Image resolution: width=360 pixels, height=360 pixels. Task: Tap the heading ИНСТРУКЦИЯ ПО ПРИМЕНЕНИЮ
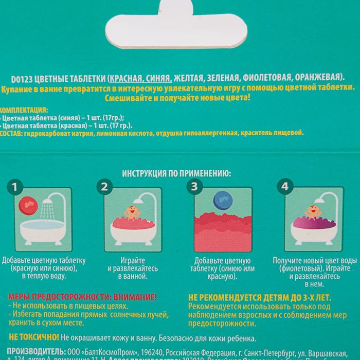click(176, 174)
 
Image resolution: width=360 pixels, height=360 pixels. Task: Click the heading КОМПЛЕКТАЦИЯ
click(24, 110)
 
